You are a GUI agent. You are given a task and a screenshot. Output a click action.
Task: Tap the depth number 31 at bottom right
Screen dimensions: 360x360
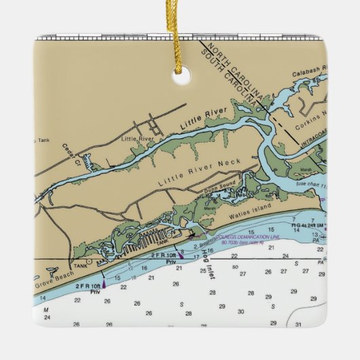(x=299, y=324)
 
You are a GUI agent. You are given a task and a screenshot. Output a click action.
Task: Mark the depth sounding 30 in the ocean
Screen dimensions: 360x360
(x=241, y=312)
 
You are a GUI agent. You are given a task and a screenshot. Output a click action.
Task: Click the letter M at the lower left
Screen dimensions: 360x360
(x=47, y=309)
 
